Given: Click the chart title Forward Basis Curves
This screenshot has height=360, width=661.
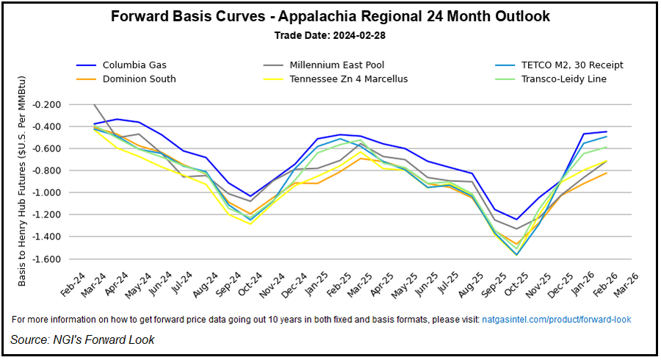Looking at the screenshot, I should click(x=330, y=16).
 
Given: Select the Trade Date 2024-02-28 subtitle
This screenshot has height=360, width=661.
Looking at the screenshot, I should click(x=330, y=35).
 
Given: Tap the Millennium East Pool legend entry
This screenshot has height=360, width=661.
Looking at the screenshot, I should click(x=336, y=65).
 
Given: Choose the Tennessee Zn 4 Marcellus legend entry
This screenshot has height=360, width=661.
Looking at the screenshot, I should click(x=348, y=79).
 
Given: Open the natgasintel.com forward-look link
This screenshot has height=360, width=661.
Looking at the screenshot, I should click(x=556, y=320).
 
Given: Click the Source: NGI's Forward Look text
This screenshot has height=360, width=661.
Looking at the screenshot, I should click(x=82, y=339).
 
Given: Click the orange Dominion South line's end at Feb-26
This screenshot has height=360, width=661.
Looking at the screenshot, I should click(x=607, y=173).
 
